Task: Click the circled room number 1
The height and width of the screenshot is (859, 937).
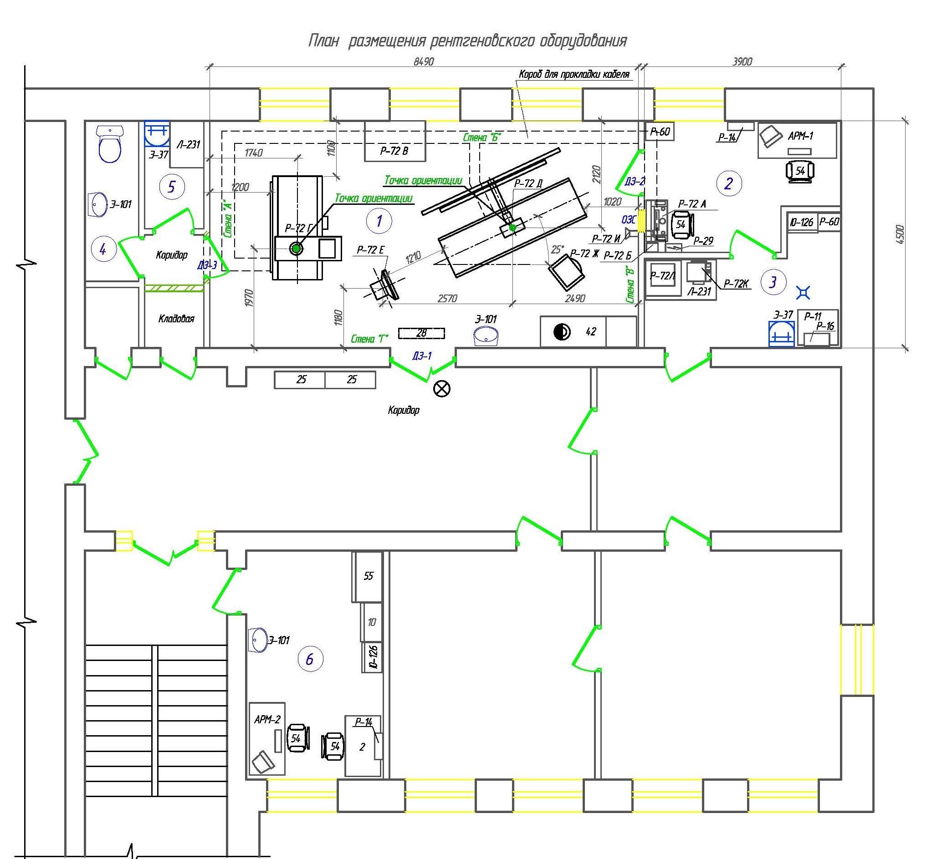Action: (x=379, y=221)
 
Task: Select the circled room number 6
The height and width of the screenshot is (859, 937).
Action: (x=310, y=659)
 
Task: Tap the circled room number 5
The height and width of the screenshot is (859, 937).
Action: (x=172, y=187)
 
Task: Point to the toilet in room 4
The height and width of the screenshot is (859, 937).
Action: (x=110, y=144)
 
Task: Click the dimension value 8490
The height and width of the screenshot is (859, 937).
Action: (x=424, y=61)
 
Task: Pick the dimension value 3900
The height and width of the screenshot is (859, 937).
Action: (x=742, y=61)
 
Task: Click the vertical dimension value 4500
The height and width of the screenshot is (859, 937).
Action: (x=900, y=235)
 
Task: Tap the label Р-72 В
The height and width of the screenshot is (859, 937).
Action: (x=394, y=151)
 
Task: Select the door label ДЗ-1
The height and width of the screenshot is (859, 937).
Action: (x=422, y=356)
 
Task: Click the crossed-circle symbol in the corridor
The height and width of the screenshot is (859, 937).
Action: (x=442, y=389)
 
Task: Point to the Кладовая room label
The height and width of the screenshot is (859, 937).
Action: (x=176, y=319)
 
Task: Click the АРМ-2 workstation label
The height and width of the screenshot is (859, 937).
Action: (x=267, y=720)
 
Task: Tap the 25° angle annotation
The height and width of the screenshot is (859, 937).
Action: (x=557, y=249)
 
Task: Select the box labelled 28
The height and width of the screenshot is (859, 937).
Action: (x=422, y=333)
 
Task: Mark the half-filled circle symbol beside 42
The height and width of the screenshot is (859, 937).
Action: (x=562, y=332)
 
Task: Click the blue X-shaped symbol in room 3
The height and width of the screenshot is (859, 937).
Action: (x=804, y=292)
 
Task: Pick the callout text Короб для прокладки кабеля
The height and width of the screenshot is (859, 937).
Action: (x=574, y=74)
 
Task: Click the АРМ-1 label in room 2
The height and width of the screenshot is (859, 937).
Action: (x=801, y=136)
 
